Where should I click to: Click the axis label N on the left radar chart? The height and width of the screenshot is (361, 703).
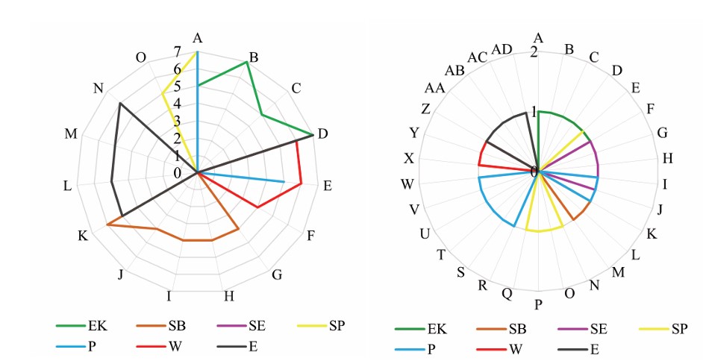point(99,88)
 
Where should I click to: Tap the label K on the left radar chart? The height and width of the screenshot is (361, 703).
point(83,236)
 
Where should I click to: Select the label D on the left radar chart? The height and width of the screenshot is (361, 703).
point(322,134)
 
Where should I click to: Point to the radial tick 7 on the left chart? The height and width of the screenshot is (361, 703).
point(177,52)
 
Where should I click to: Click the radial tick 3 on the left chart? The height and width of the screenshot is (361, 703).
point(177,121)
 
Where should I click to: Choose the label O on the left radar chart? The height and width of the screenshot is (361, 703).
point(141,57)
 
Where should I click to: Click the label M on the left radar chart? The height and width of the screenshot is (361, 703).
point(72,134)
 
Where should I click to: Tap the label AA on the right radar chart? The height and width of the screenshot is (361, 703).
point(435,89)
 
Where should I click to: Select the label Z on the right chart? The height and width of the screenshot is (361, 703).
point(425,109)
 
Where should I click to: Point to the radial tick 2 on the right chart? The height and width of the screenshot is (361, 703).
point(533,52)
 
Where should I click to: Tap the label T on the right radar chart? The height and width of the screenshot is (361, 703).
point(441,255)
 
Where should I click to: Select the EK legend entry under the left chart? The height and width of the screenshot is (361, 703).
point(89,325)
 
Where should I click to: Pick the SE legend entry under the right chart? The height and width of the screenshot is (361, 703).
point(598,328)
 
